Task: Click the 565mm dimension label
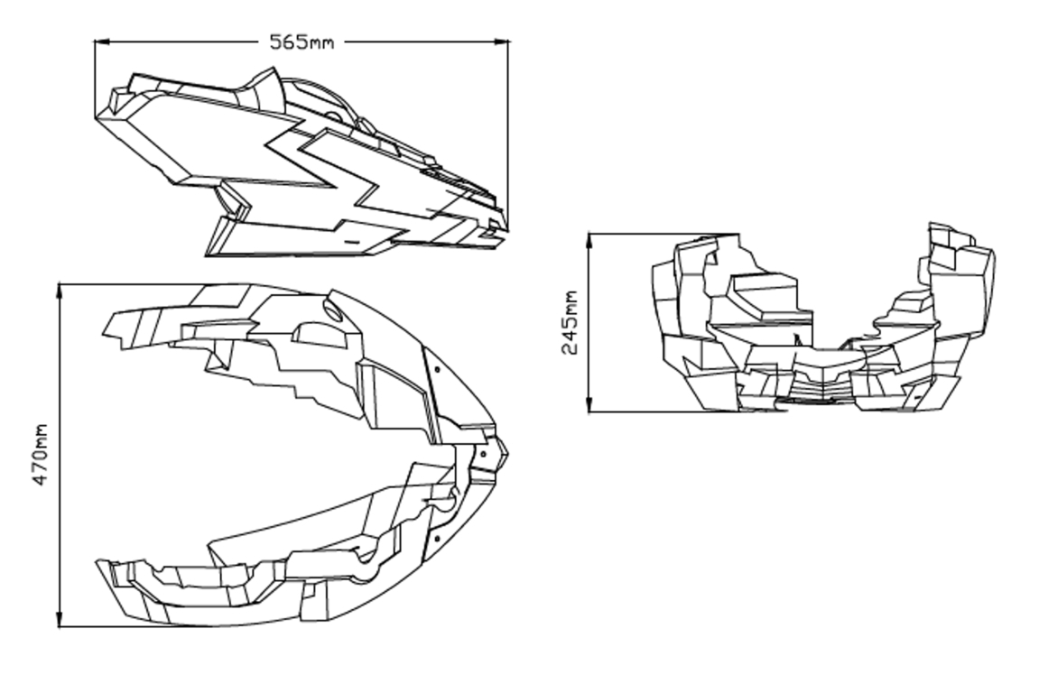pos(301,42)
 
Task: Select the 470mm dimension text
pos(41,455)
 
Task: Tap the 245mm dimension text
pos(570,323)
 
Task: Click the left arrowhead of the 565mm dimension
pos(102,42)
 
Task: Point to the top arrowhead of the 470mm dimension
pos(60,291)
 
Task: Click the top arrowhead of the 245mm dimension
pos(589,241)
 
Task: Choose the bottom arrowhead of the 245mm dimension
pos(589,404)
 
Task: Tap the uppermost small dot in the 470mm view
pos(437,370)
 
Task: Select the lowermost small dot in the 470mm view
pos(437,538)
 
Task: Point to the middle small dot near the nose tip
pos(483,455)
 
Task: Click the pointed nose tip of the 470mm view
pos(507,454)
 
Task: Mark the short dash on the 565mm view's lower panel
pos(352,243)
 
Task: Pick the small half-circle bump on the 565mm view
pos(334,115)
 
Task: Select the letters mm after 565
pos(321,44)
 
